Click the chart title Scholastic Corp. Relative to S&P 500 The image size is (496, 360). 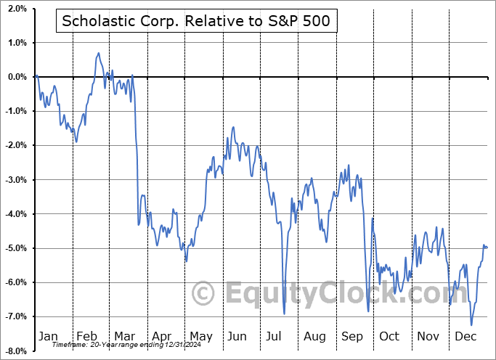pyautogui.click(x=195, y=21)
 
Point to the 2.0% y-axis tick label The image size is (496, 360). pyautogui.click(x=17, y=9)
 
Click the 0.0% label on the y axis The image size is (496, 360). pyautogui.click(x=17, y=77)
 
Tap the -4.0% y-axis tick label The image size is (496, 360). pyautogui.click(x=15, y=214)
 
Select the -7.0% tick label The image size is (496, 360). pyautogui.click(x=15, y=316)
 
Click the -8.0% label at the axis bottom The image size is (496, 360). pyautogui.click(x=15, y=351)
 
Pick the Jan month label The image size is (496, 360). pyautogui.click(x=47, y=336)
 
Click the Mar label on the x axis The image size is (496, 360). pyautogui.click(x=125, y=336)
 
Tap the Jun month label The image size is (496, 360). pyautogui.click(x=237, y=336)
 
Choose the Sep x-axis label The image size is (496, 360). pyautogui.click(x=351, y=336)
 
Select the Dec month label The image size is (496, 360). pyautogui.click(x=465, y=336)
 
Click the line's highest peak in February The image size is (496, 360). pyautogui.click(x=98, y=53)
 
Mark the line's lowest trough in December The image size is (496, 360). pyautogui.click(x=471, y=324)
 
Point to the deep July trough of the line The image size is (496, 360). pyautogui.click(x=284, y=314)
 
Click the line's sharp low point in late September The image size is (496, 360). pyautogui.click(x=368, y=311)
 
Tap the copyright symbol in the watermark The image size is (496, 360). pyautogui.click(x=203, y=293)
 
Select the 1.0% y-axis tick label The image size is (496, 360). pyautogui.click(x=17, y=43)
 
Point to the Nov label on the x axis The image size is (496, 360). pyautogui.click(x=428, y=336)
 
